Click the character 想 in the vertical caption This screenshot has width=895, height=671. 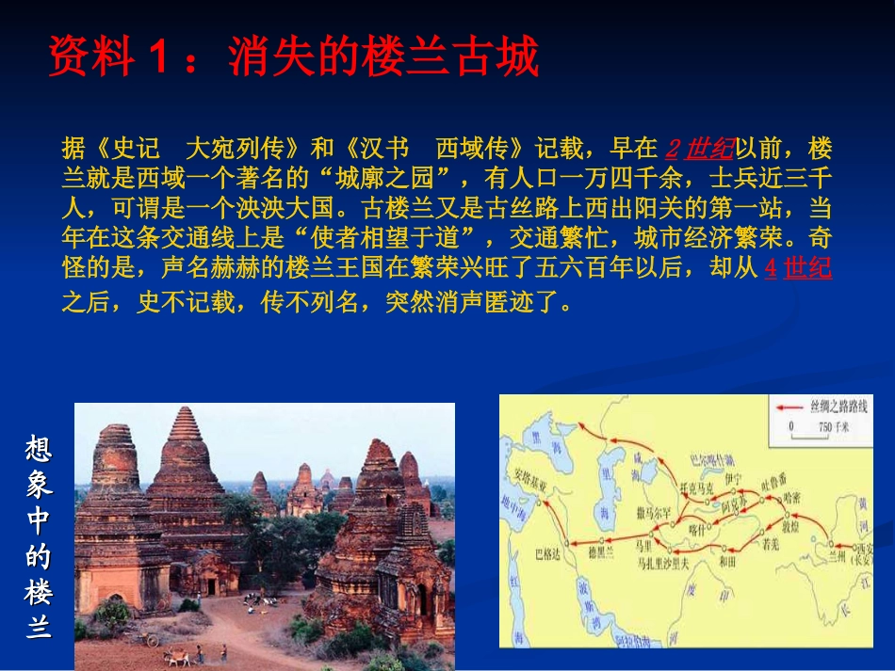39,448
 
